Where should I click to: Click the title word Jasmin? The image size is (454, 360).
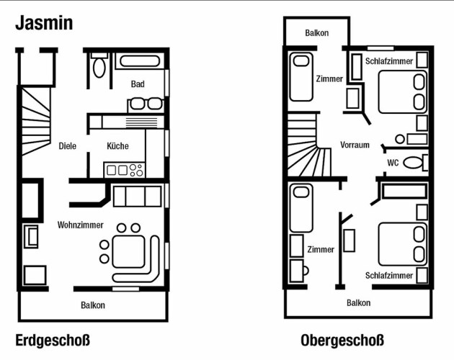click(x=44, y=23)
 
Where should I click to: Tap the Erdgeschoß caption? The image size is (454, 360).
click(x=53, y=341)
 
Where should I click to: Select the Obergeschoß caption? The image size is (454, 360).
click(x=342, y=341)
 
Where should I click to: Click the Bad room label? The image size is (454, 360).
click(x=138, y=84)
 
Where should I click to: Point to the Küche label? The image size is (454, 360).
click(x=117, y=145)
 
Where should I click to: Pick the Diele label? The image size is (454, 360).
click(x=68, y=145)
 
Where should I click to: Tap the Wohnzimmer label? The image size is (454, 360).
click(x=81, y=225)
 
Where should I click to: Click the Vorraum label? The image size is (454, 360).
click(x=355, y=145)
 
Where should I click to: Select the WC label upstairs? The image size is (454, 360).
click(x=393, y=163)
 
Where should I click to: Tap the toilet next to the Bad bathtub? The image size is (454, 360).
click(x=99, y=66)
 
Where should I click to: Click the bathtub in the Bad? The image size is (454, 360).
click(x=140, y=61)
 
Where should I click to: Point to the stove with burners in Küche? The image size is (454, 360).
click(x=125, y=170)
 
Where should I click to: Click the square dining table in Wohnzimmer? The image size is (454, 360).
click(x=128, y=252)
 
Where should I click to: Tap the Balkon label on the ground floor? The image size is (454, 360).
click(x=93, y=305)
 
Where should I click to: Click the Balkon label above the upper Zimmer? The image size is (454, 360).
click(x=317, y=32)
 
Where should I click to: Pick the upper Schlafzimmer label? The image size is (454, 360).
click(x=389, y=61)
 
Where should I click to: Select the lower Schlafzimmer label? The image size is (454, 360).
click(x=389, y=275)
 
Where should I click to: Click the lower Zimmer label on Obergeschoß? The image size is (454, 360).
click(x=321, y=249)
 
